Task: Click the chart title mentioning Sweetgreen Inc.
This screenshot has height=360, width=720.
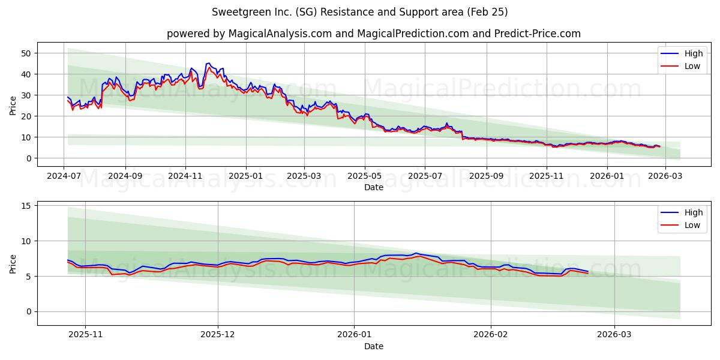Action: [x=360, y=12]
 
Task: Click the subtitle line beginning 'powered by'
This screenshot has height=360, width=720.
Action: [x=373, y=34]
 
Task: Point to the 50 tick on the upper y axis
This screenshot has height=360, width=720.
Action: [x=25, y=53]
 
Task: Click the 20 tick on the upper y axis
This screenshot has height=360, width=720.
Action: [x=25, y=116]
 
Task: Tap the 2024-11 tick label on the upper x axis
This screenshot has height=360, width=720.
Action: [x=185, y=177]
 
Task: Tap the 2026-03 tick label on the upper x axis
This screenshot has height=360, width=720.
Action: [x=665, y=177]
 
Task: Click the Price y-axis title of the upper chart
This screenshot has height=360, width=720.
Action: [x=13, y=104]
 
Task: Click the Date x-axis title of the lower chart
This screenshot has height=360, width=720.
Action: [x=373, y=346]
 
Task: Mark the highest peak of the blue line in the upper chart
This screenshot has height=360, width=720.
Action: [x=208, y=63]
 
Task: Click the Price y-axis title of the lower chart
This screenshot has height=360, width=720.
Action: [x=13, y=263]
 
